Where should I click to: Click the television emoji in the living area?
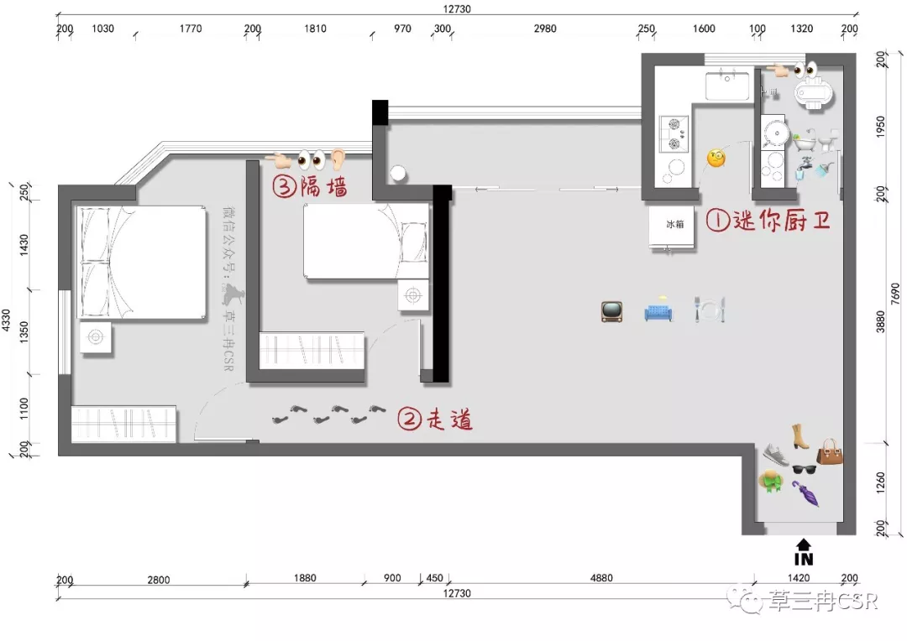[612, 311]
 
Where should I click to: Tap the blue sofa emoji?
[659, 311]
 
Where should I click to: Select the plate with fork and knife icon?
[710, 310]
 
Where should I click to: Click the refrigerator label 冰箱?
[674, 224]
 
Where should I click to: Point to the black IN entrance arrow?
[804, 552]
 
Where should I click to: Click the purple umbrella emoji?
[805, 493]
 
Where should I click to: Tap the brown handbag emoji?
[830, 452]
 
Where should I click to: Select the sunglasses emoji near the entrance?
[804, 469]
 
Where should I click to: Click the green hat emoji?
[770, 481]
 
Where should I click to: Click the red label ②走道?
[434, 419]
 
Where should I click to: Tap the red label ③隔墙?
[310, 187]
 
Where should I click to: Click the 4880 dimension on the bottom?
[601, 577]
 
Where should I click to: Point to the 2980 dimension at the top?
[545, 29]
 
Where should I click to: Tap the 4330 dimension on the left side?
[6, 320]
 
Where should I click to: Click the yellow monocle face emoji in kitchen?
[716, 159]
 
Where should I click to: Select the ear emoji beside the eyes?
[338, 159]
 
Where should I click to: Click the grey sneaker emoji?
[776, 455]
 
